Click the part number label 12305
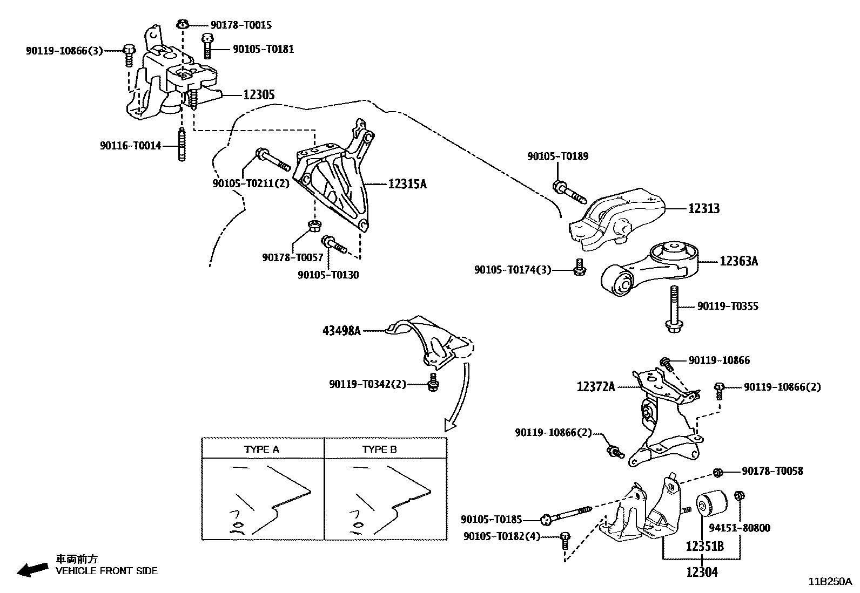click(259, 95)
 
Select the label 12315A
click(407, 184)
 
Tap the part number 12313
click(704, 208)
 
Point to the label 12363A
click(738, 262)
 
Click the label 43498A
click(341, 331)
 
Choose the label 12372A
click(596, 387)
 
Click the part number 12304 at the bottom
click(702, 572)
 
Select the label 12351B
click(705, 546)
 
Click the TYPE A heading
click(262, 449)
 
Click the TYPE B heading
click(380, 449)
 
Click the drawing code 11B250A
click(830, 582)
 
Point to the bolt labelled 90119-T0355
click(674, 309)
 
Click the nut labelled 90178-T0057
click(313, 225)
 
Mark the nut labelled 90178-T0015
click(183, 24)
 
